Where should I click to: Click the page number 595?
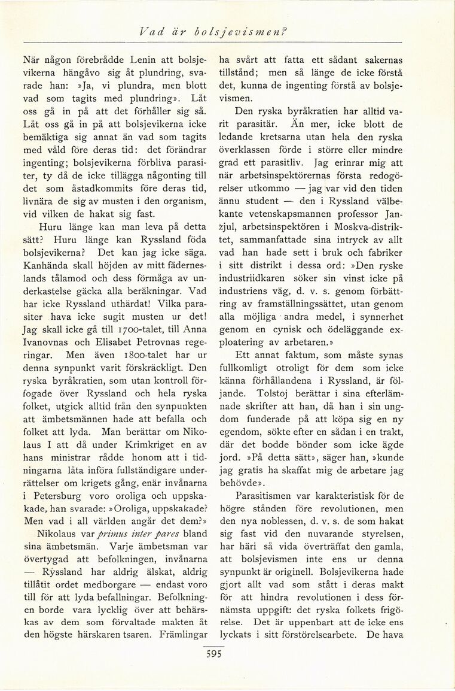tap(213, 654)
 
